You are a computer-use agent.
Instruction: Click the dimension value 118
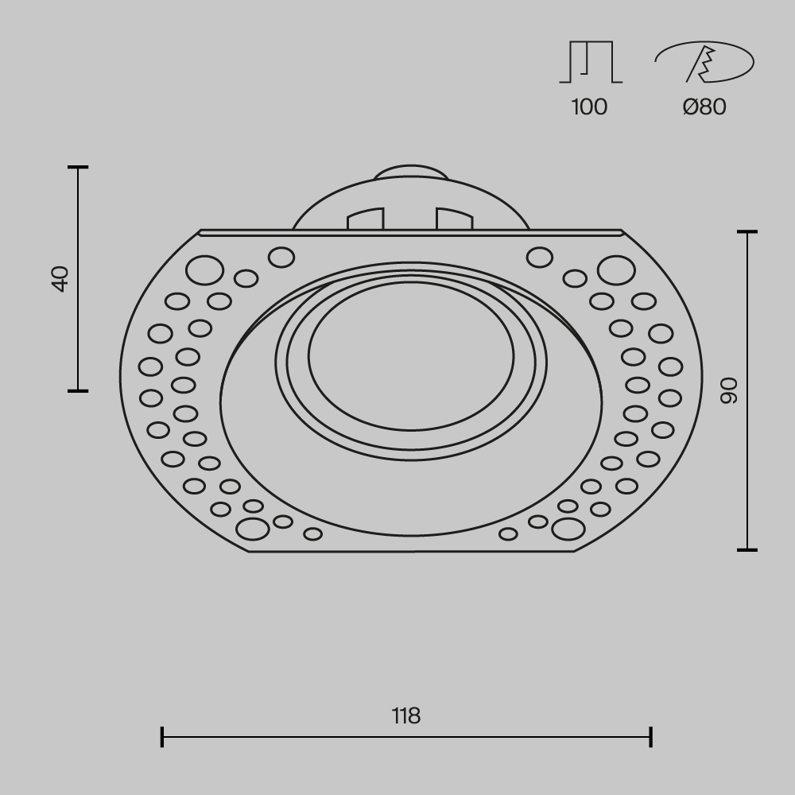pyautogui.click(x=406, y=716)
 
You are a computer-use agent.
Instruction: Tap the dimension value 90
pyautogui.click(x=729, y=390)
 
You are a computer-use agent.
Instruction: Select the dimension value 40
pyautogui.click(x=60, y=278)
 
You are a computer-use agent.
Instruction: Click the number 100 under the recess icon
pyautogui.click(x=589, y=107)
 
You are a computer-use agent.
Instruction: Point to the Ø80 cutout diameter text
pyautogui.click(x=704, y=107)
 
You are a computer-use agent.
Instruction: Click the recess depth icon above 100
pyautogui.click(x=591, y=63)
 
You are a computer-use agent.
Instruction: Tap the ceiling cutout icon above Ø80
pyautogui.click(x=704, y=62)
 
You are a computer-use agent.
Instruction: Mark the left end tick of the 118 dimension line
pyautogui.click(x=162, y=737)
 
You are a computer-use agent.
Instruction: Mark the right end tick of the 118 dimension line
pyautogui.click(x=651, y=737)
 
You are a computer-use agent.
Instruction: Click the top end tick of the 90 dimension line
pyautogui.click(x=747, y=232)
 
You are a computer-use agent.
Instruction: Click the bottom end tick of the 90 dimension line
pyautogui.click(x=747, y=549)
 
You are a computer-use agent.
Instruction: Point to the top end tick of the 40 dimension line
pyautogui.click(x=78, y=168)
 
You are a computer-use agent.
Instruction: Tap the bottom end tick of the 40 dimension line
pyautogui.click(x=78, y=390)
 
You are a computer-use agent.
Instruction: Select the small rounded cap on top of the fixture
pyautogui.click(x=410, y=173)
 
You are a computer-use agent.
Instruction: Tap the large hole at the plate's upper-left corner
pyautogui.click(x=204, y=270)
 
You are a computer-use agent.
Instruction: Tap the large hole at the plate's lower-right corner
pyautogui.click(x=568, y=529)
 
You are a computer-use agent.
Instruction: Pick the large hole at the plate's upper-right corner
pyautogui.click(x=616, y=270)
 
